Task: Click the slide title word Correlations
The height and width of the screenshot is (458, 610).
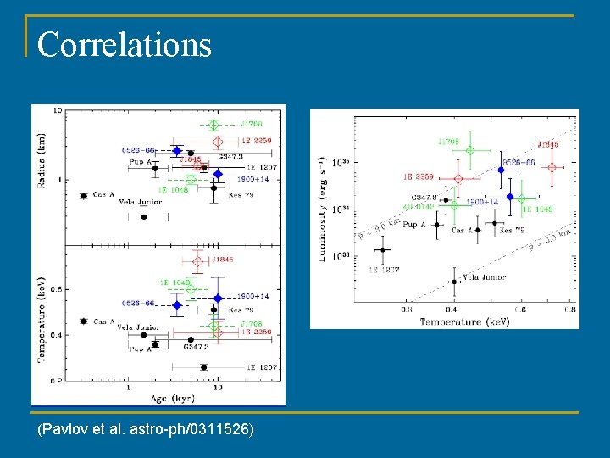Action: [124, 44]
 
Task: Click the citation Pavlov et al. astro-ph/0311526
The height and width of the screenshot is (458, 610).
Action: [146, 430]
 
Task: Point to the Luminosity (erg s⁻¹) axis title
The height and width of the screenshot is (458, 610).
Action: [323, 208]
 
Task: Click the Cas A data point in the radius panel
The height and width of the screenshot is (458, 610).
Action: [83, 196]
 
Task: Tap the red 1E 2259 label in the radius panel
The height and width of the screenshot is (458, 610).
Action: [257, 141]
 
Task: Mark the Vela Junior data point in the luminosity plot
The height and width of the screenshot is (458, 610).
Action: [455, 282]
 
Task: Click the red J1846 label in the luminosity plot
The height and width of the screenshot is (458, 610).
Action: [548, 144]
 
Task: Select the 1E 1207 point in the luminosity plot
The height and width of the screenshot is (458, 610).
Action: [383, 249]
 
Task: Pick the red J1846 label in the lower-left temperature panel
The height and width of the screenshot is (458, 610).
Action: [223, 260]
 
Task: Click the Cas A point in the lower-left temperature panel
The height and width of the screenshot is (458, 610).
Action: [83, 321]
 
